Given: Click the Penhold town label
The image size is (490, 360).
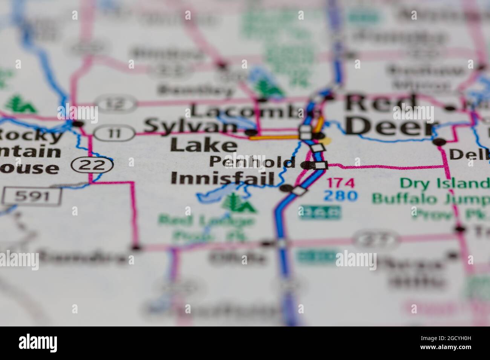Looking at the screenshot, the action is click(252, 162).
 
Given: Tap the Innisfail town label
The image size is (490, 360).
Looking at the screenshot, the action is click(222, 178).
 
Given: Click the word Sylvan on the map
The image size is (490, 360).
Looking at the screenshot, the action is click(190, 126).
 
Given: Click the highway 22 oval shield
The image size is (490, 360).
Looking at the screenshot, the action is click(93, 165).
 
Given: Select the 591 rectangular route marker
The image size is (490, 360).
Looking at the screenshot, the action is click(32, 196).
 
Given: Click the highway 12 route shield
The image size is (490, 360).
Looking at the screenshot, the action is click(115, 103).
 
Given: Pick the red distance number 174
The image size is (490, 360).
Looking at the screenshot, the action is click(341, 183).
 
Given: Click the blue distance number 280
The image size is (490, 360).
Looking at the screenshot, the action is click(341, 196).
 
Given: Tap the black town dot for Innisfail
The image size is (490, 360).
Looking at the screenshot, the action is click(286, 188).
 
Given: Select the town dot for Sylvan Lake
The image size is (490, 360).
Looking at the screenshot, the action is click(251, 133).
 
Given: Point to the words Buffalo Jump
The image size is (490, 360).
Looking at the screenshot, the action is click(430, 198).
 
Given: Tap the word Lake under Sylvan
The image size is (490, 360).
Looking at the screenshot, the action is click(204, 145).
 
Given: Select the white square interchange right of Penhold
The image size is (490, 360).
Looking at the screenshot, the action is click(321, 165).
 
